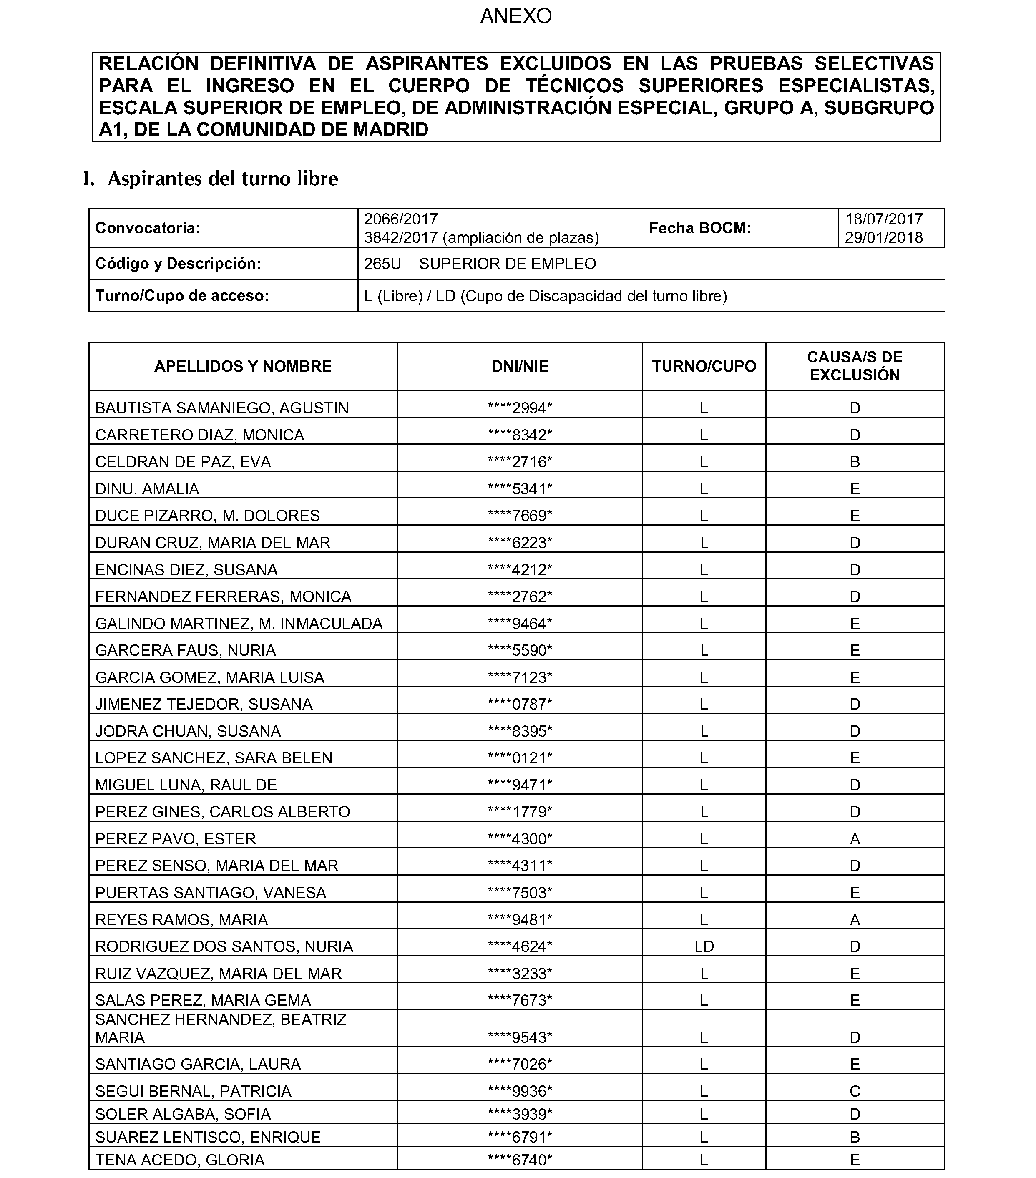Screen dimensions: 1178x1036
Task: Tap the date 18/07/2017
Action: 884,219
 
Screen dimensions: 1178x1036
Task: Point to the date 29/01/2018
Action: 884,237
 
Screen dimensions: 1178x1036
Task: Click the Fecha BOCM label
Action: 700,228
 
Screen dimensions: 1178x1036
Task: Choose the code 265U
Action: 382,264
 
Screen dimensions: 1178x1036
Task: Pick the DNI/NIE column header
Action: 520,367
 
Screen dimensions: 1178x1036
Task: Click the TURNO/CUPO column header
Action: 704,367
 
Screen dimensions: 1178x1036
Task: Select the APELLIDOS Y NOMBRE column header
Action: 243,367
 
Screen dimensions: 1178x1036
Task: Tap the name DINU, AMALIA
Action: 147,489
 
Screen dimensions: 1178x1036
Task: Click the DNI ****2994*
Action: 520,408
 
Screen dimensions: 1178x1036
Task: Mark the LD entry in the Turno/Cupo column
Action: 704,946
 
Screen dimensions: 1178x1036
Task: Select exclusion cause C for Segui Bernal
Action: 855,1091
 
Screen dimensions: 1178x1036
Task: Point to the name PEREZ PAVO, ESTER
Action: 175,838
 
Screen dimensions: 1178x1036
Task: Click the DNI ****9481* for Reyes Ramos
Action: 520,919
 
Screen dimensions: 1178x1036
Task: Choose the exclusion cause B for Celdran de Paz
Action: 855,462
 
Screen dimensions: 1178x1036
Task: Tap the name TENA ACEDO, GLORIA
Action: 180,1160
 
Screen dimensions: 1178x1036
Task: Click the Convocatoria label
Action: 148,228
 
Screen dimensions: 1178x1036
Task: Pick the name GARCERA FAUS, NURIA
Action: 186,650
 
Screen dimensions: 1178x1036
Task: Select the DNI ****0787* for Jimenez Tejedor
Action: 520,704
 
